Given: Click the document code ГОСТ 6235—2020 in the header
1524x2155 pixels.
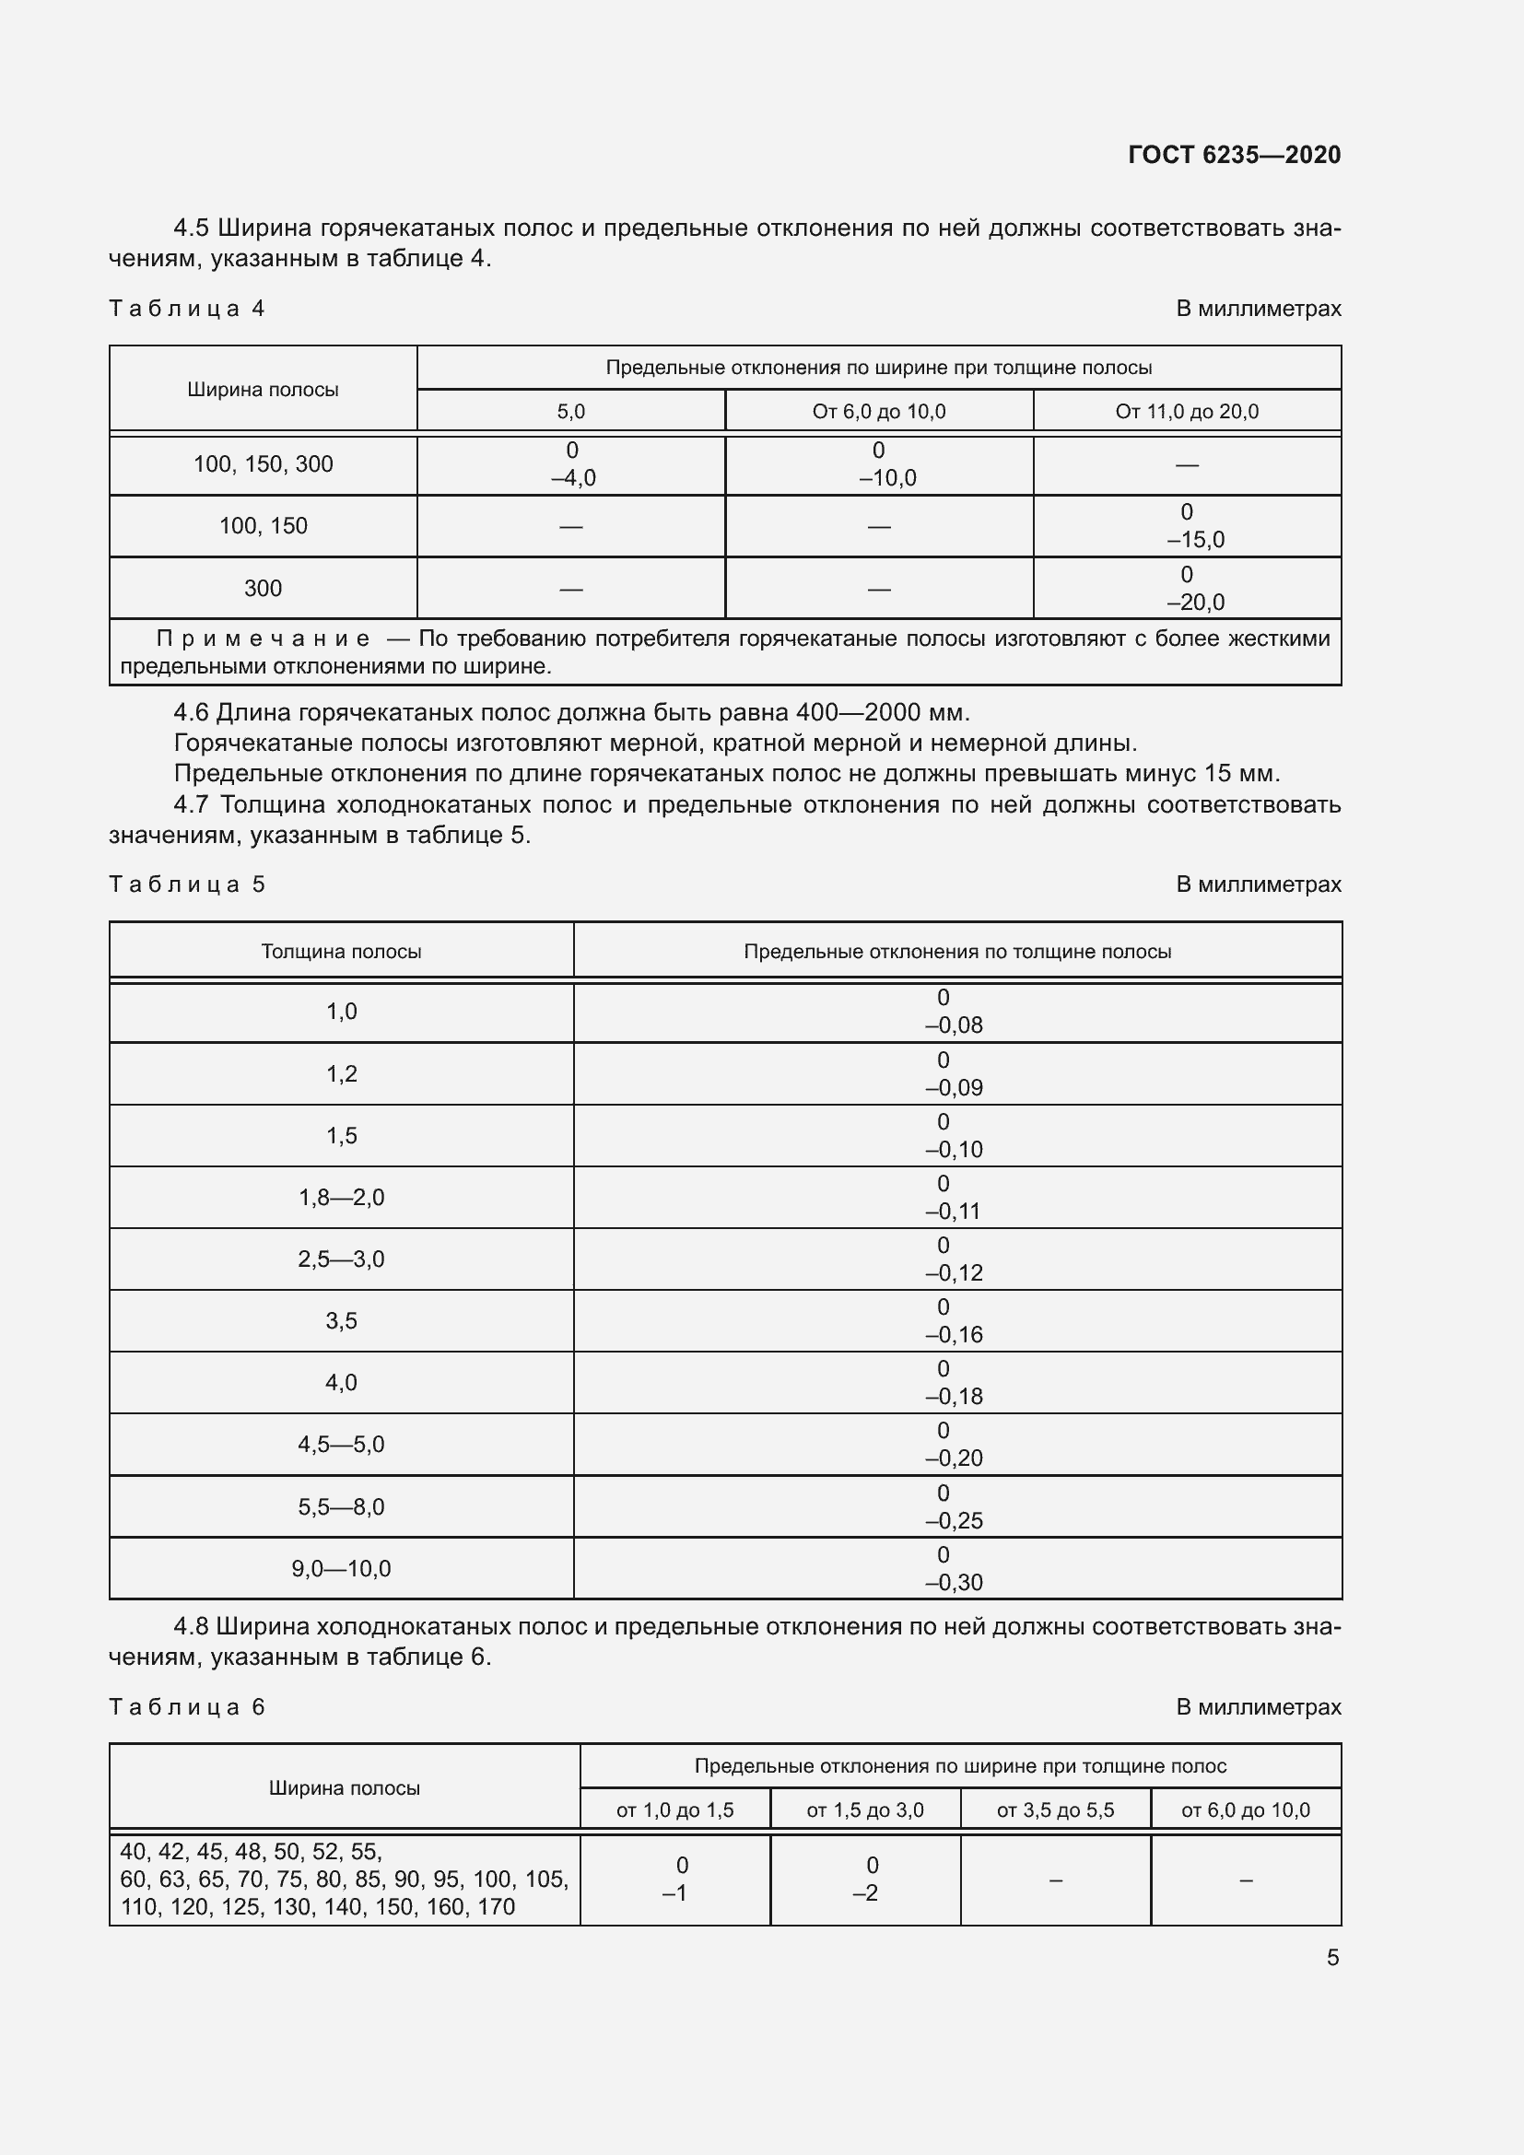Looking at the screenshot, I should coord(1234,155).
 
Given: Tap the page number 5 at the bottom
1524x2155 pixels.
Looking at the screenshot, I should coord(1332,1957).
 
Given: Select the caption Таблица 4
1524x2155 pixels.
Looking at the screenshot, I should coord(187,309).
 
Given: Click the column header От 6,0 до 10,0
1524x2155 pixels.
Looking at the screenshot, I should coord(878,412).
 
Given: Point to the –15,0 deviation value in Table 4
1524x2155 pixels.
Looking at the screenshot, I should coord(1196,540).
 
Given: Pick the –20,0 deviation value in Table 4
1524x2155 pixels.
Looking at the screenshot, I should coord(1196,603).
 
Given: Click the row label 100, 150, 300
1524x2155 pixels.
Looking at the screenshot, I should coord(263,464).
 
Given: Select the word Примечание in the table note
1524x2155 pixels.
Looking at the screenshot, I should coord(263,639).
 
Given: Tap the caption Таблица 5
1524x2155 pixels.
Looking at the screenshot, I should coord(187,884).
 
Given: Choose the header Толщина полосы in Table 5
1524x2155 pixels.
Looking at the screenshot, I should coord(341,952).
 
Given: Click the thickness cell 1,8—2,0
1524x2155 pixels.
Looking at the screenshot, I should coord(341,1198).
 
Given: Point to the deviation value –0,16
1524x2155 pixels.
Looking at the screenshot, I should coord(955,1335).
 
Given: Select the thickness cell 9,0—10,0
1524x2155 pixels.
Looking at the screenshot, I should coord(341,1568).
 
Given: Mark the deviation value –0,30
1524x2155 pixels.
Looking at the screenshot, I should coord(955,1583).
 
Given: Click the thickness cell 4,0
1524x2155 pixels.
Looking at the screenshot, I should coord(341,1383).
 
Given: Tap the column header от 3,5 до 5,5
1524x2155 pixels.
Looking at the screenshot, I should coord(1055,1810).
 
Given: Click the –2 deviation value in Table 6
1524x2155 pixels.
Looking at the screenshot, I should coord(865,1893).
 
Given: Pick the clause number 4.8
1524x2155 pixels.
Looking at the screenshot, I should coord(193,1626).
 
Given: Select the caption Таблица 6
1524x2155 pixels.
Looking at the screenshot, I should coord(187,1707).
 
